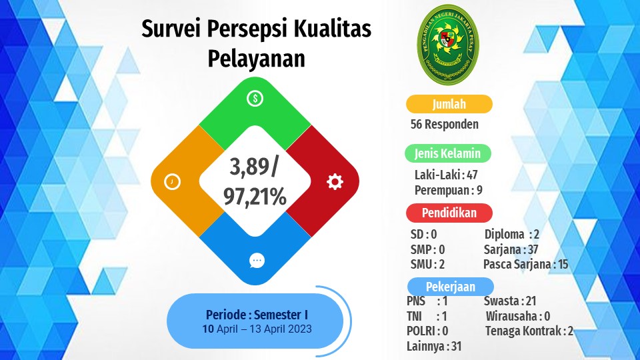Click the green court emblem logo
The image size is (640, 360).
(x=448, y=45)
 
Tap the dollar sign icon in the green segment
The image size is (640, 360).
(x=255, y=99)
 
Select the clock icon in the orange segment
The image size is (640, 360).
(x=172, y=181)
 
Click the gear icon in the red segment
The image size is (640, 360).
(x=335, y=181)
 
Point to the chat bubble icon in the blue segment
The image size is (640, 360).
(x=257, y=261)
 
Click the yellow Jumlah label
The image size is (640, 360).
(x=449, y=104)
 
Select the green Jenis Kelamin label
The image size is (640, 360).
(x=448, y=153)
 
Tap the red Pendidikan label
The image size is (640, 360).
(x=449, y=213)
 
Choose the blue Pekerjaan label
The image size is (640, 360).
(x=451, y=287)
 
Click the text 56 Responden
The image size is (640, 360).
(x=445, y=124)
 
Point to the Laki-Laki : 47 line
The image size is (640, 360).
(x=446, y=175)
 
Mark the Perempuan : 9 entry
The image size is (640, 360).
(x=449, y=190)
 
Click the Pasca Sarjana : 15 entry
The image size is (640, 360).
(x=526, y=265)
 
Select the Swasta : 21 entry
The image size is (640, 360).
(x=510, y=301)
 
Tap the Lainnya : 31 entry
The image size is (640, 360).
(x=434, y=347)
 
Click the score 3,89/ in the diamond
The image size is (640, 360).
(x=254, y=167)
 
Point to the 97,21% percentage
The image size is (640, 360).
(x=255, y=197)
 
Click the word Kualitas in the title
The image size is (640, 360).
(x=332, y=29)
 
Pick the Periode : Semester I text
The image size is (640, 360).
(x=257, y=315)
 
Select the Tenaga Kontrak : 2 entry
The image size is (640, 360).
(x=529, y=331)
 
